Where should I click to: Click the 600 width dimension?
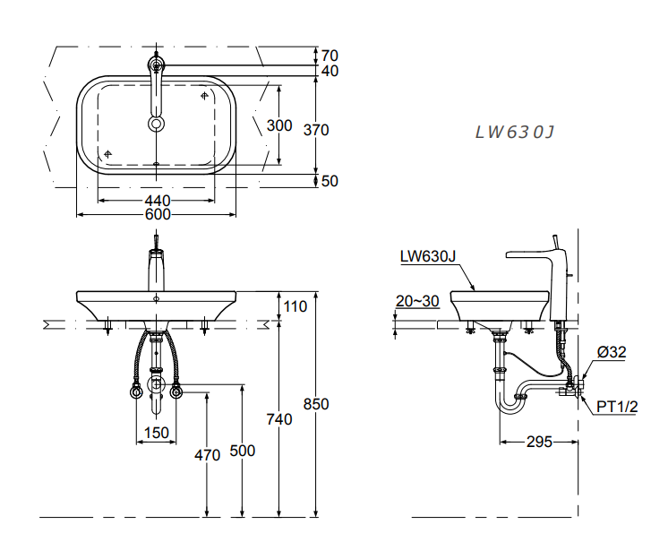pyautogui.click(x=158, y=213)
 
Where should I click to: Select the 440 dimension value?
pyautogui.click(x=158, y=200)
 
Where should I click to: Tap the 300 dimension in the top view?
pyautogui.click(x=279, y=125)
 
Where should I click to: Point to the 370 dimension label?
pyautogui.click(x=316, y=130)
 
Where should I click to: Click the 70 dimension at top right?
pyautogui.click(x=330, y=56)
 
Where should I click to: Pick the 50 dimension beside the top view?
pyautogui.click(x=330, y=181)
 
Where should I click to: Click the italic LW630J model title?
pyautogui.click(x=515, y=133)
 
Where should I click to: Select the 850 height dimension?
pyautogui.click(x=315, y=404)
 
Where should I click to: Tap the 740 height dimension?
pyautogui.click(x=280, y=417)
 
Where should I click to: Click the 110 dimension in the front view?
pyautogui.click(x=295, y=306)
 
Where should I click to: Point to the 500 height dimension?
pyautogui.click(x=243, y=451)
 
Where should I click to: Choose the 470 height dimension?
pyautogui.click(x=207, y=455)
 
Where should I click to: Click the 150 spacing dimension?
pyautogui.click(x=157, y=433)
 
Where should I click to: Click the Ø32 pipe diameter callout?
pyautogui.click(x=612, y=352)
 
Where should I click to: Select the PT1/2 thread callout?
pyautogui.click(x=618, y=407)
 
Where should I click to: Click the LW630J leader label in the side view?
pyautogui.click(x=428, y=256)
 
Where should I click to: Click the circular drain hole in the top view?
pyautogui.click(x=157, y=124)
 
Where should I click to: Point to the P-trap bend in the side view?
pyautogui.click(x=510, y=405)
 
